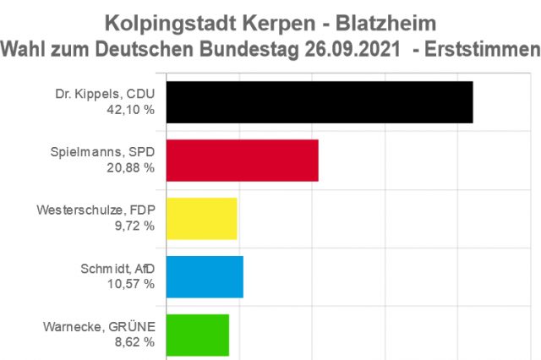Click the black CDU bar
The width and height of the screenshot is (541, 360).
(319, 103)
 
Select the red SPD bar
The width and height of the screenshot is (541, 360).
(242, 161)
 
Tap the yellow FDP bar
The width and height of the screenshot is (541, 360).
(201, 219)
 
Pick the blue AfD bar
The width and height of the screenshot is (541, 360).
(205, 277)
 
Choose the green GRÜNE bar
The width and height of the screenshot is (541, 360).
(197, 335)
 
